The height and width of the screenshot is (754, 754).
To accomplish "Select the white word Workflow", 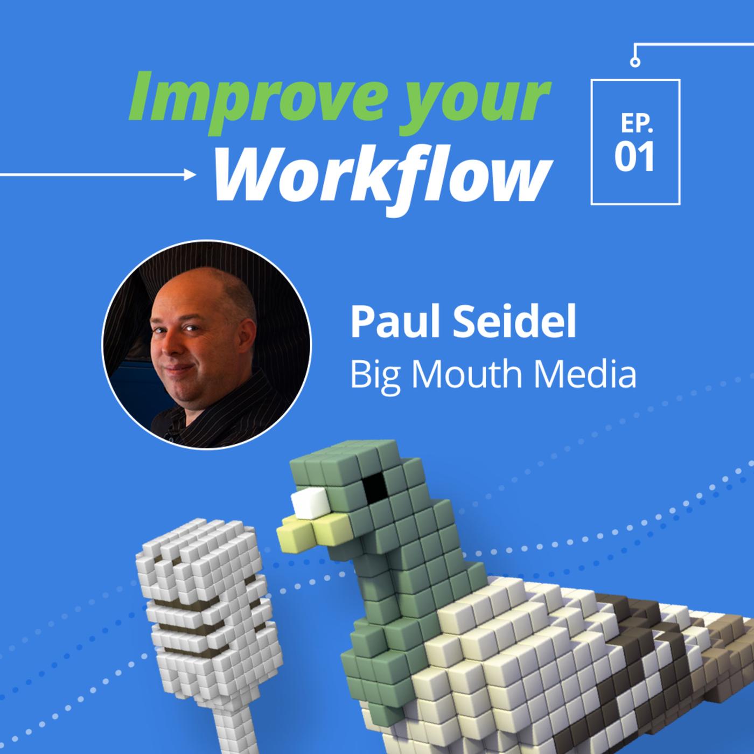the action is [383, 176].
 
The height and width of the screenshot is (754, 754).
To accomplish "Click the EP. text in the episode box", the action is [636, 124].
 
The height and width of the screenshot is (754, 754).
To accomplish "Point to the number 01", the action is [634, 157].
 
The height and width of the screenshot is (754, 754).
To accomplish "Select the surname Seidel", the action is [514, 323].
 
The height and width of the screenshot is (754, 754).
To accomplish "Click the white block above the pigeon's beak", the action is [310, 503].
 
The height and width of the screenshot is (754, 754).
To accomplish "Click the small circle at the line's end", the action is [635, 62].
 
